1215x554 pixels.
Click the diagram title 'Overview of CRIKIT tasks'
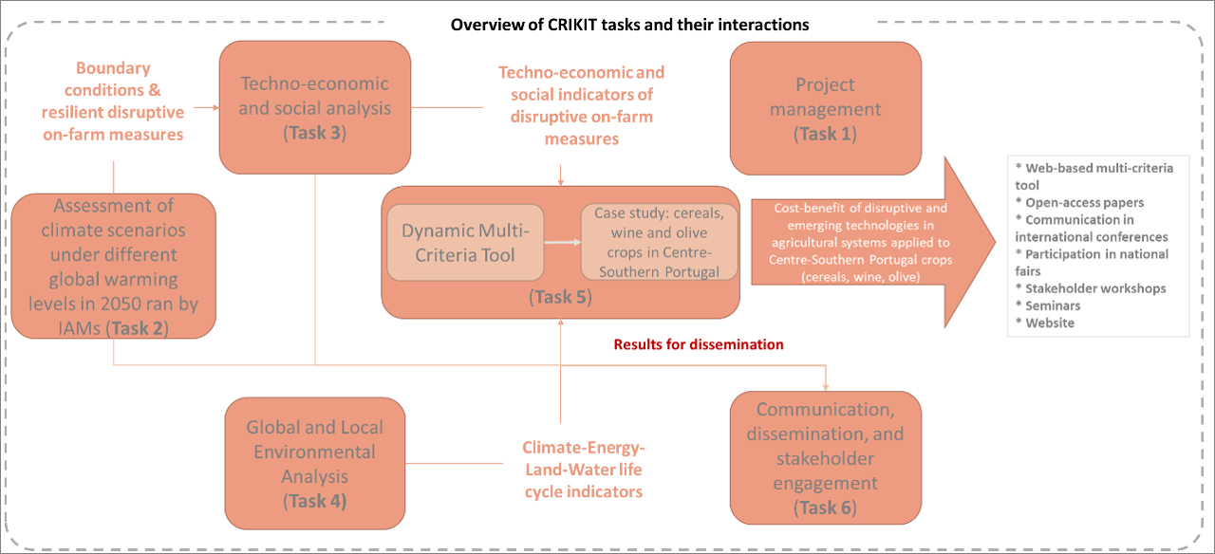629,25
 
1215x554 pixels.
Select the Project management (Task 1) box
826,108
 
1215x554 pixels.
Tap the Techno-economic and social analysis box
315,107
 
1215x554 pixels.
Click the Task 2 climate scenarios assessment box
113,267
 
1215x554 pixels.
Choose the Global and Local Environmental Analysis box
315,464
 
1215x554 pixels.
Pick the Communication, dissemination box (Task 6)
826,458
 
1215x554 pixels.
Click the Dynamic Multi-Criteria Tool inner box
465,242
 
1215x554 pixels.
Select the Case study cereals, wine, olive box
659,242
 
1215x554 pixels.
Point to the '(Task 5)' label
560,297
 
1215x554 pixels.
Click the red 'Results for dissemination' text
699,344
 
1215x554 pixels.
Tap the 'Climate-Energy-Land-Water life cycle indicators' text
584,470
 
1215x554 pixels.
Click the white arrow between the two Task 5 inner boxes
563,242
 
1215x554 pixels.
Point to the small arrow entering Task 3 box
207,107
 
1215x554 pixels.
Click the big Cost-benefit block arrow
873,242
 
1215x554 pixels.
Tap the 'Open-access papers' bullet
1079,202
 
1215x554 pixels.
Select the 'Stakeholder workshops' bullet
1091,288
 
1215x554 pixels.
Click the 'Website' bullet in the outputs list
1045,323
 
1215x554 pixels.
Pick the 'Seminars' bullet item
1048,305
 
